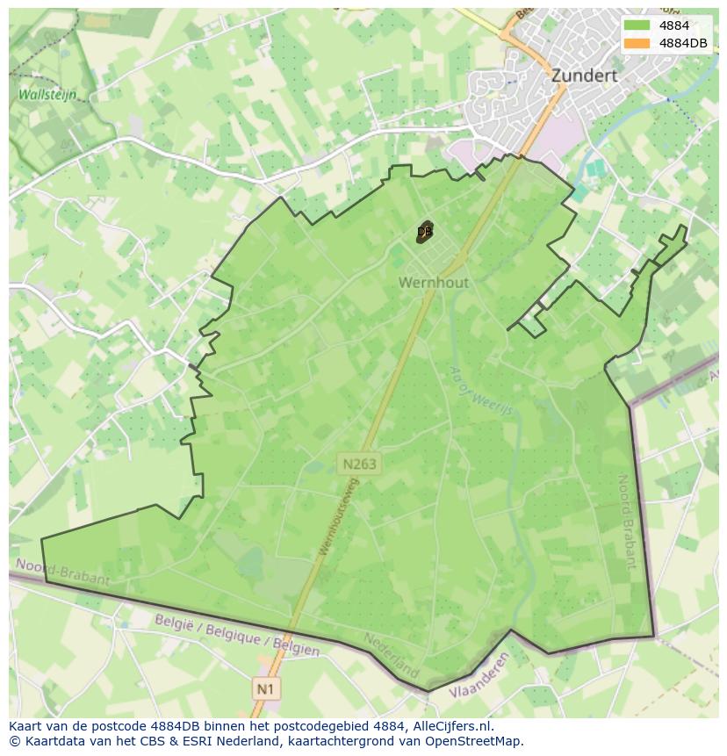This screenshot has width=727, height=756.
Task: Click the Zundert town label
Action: (x=584, y=76)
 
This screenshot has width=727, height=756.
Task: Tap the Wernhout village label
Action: (x=434, y=283)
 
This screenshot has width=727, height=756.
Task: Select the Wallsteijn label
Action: (x=47, y=95)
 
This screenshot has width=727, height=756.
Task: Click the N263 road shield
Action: (x=360, y=464)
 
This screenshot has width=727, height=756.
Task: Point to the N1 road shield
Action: (x=265, y=689)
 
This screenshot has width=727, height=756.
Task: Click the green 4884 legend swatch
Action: (x=637, y=25)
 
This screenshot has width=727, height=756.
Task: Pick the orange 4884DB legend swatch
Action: (x=637, y=43)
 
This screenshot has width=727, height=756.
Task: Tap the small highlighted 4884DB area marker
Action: (x=425, y=233)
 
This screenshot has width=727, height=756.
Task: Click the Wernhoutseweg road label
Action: (x=339, y=517)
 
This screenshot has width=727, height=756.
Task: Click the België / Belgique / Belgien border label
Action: (x=237, y=635)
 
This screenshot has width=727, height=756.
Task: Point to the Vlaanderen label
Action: (x=479, y=677)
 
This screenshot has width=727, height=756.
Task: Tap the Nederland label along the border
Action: (x=392, y=655)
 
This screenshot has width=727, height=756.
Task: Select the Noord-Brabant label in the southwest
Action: (x=63, y=572)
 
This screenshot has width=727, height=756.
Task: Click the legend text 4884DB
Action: (x=682, y=43)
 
